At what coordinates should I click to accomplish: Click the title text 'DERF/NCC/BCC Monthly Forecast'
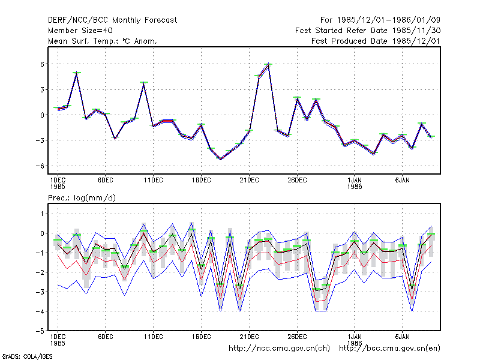[112, 20]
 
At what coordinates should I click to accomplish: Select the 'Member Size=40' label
[80, 31]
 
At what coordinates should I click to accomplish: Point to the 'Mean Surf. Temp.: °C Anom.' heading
[103, 41]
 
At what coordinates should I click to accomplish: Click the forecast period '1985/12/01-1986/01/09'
[388, 20]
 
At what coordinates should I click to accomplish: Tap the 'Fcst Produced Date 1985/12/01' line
[376, 41]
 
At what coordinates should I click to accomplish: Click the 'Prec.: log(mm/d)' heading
[82, 198]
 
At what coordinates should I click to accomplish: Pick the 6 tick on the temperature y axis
[42, 64]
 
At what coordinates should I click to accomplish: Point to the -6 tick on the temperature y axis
[40, 166]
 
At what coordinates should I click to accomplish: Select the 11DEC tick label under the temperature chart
[154, 181]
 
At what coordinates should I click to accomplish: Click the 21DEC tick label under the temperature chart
[249, 181]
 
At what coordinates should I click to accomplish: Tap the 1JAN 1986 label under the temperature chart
[355, 183]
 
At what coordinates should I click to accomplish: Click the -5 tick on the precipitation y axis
[40, 331]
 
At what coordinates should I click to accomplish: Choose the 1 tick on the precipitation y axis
[42, 214]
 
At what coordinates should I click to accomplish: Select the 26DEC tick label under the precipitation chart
[297, 337]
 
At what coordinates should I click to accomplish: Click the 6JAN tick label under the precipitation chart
[402, 337]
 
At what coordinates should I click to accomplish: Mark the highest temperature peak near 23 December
[268, 64]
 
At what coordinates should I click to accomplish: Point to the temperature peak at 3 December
[77, 73]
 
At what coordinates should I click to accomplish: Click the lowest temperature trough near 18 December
[220, 159]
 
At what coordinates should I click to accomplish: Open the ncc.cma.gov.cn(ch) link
[279, 349]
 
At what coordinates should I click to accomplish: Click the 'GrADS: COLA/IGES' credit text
[28, 356]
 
